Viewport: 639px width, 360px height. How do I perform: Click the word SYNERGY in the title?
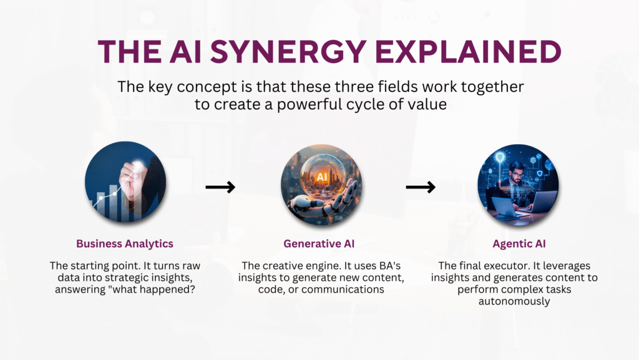[x=288, y=52]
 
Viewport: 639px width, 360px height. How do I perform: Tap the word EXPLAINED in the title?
[x=468, y=52]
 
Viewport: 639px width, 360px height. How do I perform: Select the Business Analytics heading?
[x=125, y=243]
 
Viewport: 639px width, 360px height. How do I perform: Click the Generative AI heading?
[x=319, y=243]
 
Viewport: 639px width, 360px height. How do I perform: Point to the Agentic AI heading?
[x=519, y=244]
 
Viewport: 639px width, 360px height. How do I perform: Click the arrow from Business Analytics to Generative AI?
[x=220, y=187]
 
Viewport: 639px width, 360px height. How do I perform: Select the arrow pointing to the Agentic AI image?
[x=421, y=187]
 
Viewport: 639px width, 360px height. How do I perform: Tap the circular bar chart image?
[x=125, y=182]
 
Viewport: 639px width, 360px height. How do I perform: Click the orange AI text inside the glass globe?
[x=321, y=177]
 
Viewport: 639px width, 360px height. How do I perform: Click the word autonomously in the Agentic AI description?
[x=514, y=301]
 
